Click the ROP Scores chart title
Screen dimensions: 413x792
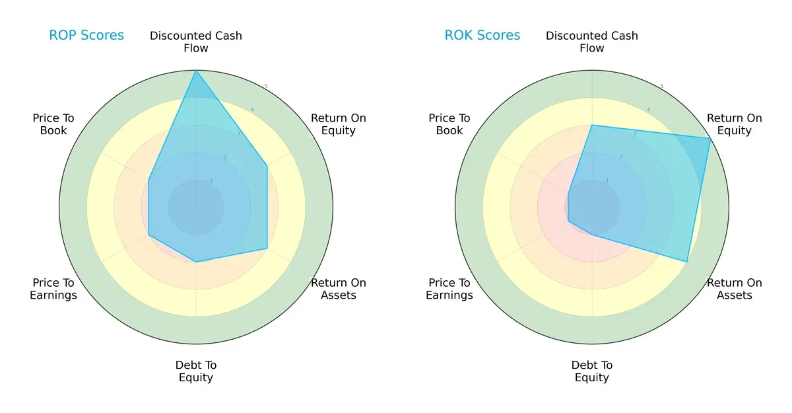coord(86,36)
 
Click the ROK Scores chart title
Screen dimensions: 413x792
coord(482,36)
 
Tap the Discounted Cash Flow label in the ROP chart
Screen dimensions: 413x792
coord(196,42)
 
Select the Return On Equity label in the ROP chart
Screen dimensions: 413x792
coord(339,124)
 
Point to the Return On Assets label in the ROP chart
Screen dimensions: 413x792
coord(339,289)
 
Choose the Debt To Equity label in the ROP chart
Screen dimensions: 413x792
coord(196,371)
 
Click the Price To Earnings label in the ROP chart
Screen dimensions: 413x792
coord(53,289)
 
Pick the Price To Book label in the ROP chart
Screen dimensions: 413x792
coord(53,124)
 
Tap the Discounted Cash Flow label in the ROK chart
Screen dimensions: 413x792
coord(592,42)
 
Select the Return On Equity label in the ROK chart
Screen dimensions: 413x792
coord(735,124)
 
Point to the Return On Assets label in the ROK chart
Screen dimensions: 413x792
coord(735,289)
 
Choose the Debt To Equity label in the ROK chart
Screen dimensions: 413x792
coord(592,371)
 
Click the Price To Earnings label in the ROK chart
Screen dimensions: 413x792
coord(449,289)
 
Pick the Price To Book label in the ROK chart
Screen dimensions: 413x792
coord(449,124)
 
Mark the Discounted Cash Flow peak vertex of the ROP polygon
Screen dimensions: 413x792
coord(196,71)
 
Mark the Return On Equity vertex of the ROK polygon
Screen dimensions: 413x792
coord(711,138)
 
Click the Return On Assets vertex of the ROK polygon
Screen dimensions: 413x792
coord(687,262)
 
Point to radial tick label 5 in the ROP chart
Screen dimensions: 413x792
coord(266,87)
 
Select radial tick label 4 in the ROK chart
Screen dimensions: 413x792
coord(648,110)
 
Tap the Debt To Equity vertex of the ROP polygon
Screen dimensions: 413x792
coord(196,262)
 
